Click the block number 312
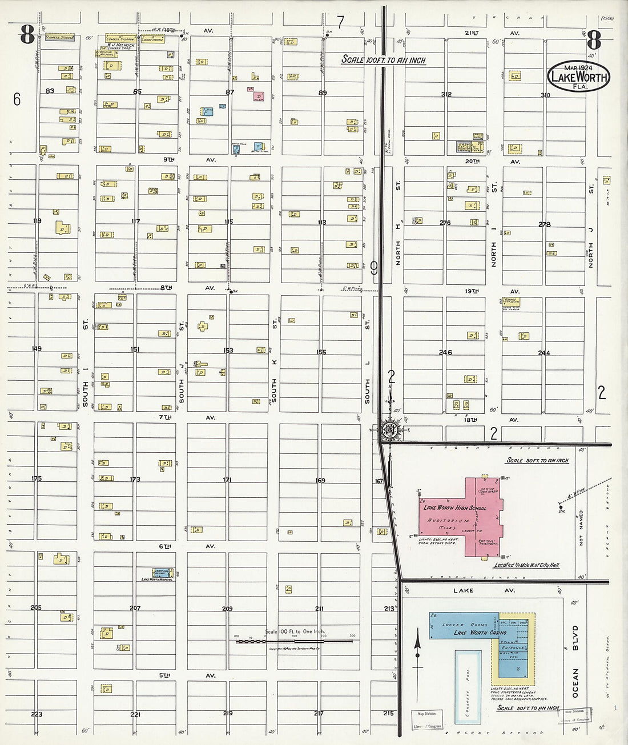pos(446,94)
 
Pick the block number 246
pos(445,352)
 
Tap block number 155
pos(321,352)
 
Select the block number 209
pos(227,609)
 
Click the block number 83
pos(50,91)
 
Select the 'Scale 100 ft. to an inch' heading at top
pos(383,60)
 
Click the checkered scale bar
pos(293,642)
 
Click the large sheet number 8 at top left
pos(27,35)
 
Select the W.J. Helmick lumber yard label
pos(120,45)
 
